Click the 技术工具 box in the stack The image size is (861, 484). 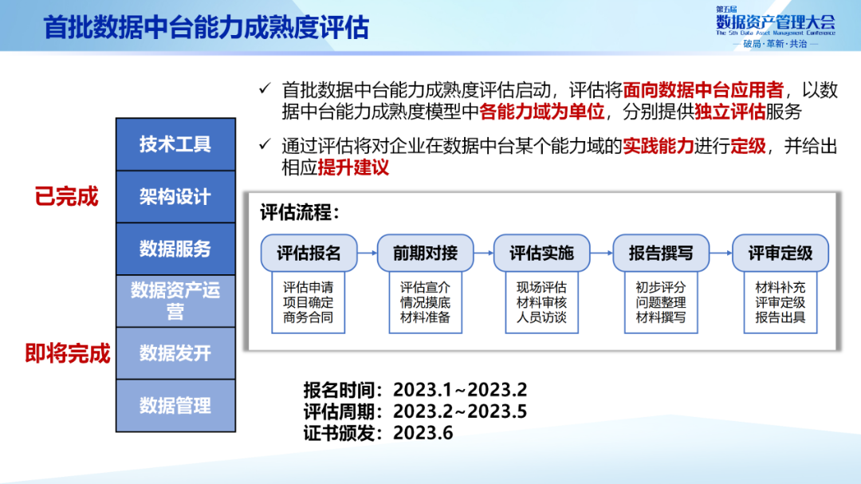(175, 144)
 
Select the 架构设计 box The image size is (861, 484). (175, 197)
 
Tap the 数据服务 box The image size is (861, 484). (175, 249)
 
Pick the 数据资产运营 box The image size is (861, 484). (175, 301)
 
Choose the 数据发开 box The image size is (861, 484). (175, 353)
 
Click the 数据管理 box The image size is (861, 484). (175, 405)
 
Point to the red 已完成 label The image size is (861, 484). (66, 197)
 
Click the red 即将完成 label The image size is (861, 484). (68, 353)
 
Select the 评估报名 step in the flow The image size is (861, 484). (309, 254)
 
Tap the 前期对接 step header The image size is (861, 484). (425, 254)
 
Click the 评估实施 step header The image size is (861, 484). (541, 254)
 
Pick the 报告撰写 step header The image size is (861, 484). (661, 254)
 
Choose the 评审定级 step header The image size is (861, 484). (780, 254)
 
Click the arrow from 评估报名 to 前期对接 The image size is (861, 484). (368, 254)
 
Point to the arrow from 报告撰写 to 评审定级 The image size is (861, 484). (721, 254)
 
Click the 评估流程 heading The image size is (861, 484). (300, 213)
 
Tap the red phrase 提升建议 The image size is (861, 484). (353, 167)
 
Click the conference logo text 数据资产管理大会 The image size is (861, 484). (776, 22)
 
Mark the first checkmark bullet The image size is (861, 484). (265, 88)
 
